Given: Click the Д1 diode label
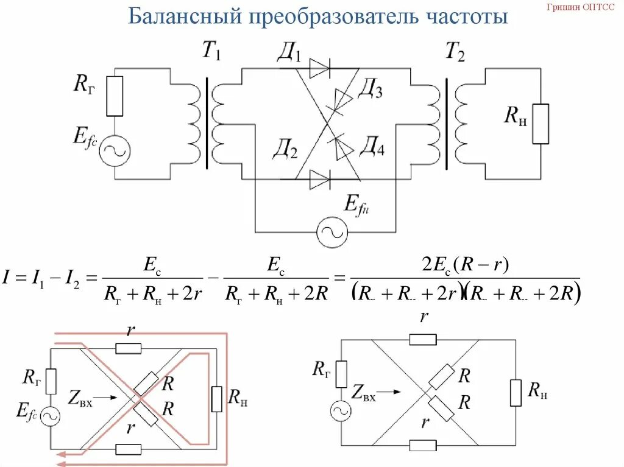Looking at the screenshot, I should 289,55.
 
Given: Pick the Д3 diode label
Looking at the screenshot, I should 370,91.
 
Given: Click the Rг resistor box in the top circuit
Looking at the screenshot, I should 115,96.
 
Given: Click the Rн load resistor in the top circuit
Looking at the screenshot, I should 540,124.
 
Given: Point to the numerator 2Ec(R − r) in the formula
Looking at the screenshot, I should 466,266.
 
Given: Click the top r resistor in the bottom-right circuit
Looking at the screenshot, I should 422,339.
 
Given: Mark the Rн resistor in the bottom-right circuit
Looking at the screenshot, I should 516,392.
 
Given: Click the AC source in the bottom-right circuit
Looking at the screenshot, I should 341,411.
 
